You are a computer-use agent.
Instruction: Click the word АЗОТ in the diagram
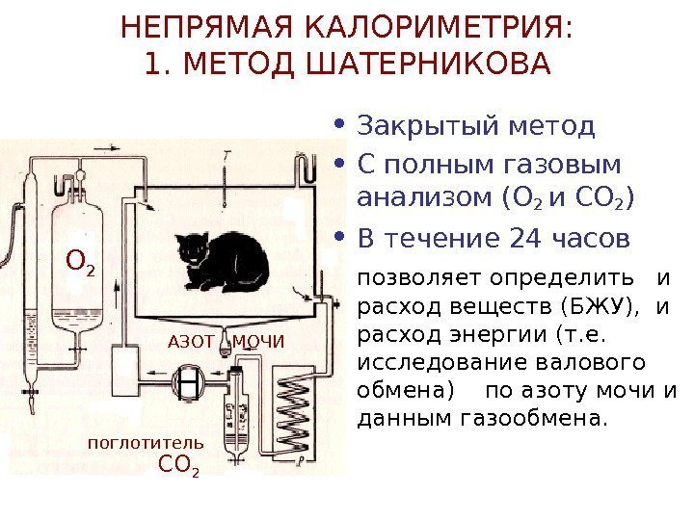pos(189,341)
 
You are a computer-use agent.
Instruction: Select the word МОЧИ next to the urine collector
pos(259,341)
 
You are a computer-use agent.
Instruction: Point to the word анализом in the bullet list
pos(427,199)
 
